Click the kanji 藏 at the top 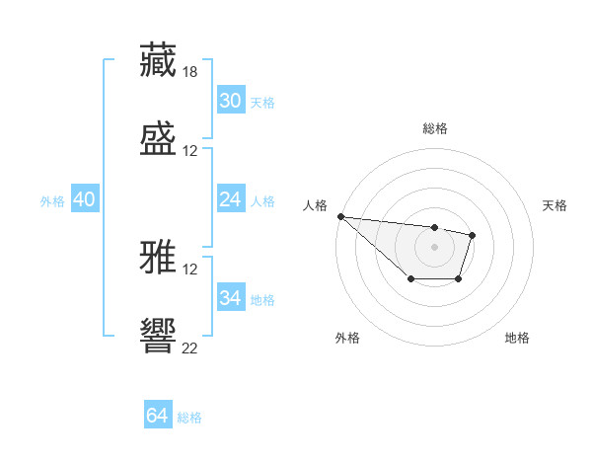click(x=158, y=60)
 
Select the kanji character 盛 click(x=158, y=139)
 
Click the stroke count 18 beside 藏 click(x=190, y=72)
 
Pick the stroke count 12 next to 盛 click(x=190, y=151)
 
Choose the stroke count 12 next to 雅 click(x=190, y=269)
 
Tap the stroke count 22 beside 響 click(x=190, y=348)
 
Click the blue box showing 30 click(x=230, y=101)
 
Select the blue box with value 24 click(x=230, y=199)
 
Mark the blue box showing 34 click(x=230, y=298)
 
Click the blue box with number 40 click(x=84, y=199)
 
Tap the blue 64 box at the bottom click(x=157, y=416)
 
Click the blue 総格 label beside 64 click(x=189, y=418)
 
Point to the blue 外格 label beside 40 click(x=52, y=201)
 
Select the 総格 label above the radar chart click(x=435, y=128)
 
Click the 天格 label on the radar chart click(x=555, y=205)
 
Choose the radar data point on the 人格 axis click(x=340, y=216)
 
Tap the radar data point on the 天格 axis click(x=473, y=235)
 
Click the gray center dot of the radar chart click(x=435, y=247)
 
